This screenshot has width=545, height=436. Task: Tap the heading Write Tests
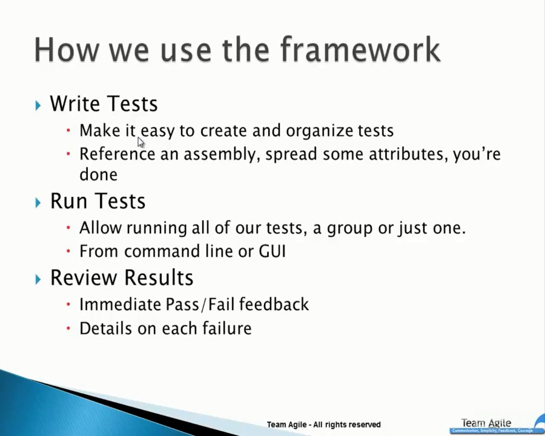(x=104, y=104)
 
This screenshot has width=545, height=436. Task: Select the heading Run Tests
(x=97, y=201)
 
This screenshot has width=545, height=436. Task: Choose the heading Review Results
(x=121, y=278)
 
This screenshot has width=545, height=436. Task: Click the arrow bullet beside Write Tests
(x=38, y=105)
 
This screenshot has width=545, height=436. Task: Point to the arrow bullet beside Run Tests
(x=38, y=202)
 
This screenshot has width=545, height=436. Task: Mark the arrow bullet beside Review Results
(x=38, y=279)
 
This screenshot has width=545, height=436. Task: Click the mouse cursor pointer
(x=140, y=142)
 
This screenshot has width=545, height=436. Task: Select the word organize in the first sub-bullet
(x=319, y=131)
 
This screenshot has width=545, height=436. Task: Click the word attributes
(x=410, y=154)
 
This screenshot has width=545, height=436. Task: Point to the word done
(x=98, y=175)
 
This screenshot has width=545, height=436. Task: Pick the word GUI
(x=272, y=251)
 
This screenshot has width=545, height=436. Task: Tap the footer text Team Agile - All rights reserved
(x=323, y=424)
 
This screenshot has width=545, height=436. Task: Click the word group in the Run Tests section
(x=349, y=228)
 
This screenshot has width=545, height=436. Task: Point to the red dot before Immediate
(x=69, y=304)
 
